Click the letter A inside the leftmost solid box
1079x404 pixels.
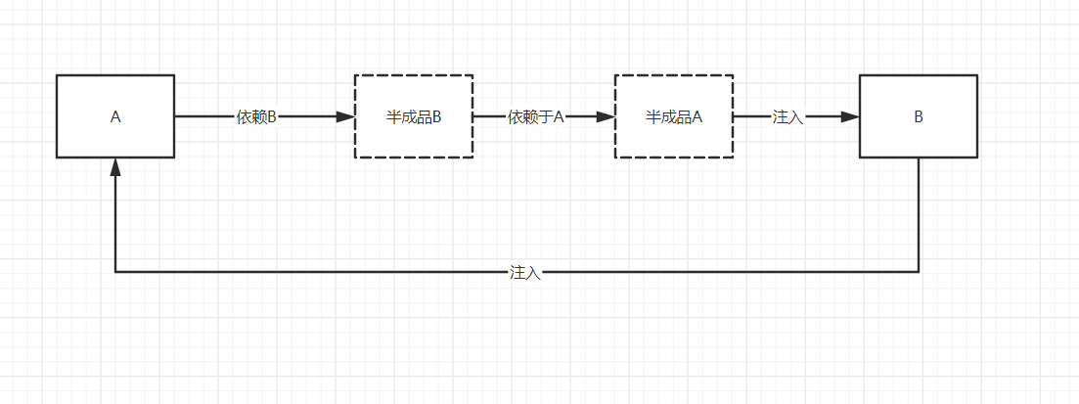[115, 116]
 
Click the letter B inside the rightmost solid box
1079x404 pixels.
[919, 116]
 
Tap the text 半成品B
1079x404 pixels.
[414, 116]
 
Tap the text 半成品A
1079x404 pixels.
[674, 116]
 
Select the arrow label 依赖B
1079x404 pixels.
[256, 116]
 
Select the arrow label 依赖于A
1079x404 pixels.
[536, 116]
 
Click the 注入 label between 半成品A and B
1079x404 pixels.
[787, 116]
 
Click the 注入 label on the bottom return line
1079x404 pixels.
[525, 272]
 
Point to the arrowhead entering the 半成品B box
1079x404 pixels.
[345, 116]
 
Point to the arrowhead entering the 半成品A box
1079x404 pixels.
[606, 116]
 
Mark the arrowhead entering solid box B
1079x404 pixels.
[850, 116]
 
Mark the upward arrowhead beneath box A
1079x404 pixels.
[115, 167]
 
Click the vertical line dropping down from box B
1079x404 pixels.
[919, 215]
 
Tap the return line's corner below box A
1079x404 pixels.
[115, 272]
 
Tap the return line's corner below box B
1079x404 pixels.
[919, 272]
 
